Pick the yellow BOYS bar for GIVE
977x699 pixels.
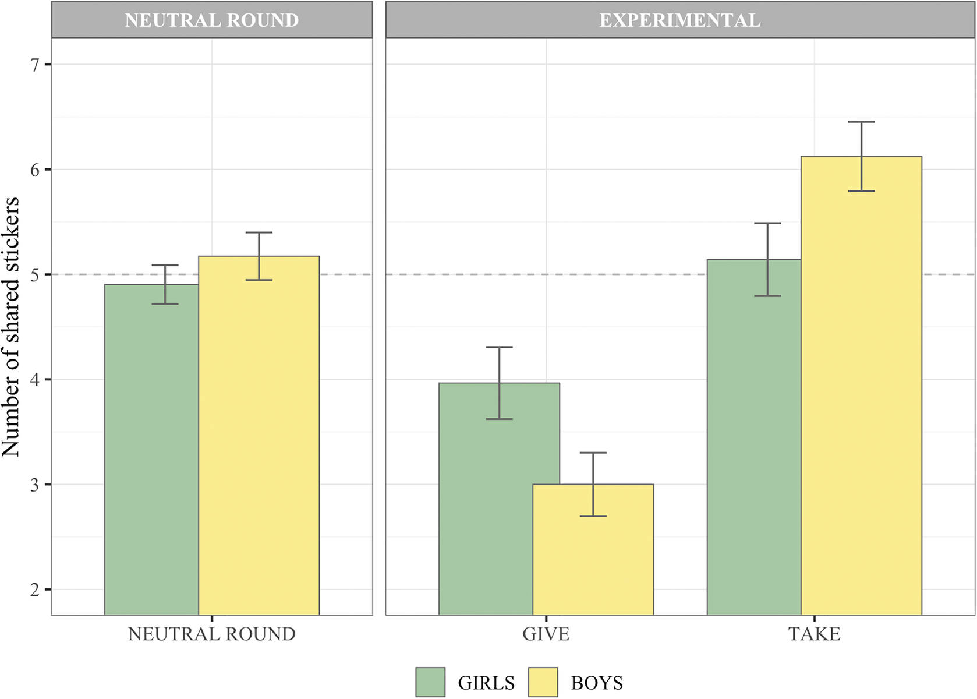[x=593, y=553]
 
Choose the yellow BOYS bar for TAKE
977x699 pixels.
[x=861, y=396]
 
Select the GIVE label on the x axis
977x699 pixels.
[x=546, y=634]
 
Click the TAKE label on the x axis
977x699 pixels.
[x=814, y=634]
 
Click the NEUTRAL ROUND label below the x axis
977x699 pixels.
[x=211, y=634]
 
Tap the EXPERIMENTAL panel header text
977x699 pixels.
[x=680, y=20]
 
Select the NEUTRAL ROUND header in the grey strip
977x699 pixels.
[x=211, y=20]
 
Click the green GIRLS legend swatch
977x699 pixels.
[x=430, y=682]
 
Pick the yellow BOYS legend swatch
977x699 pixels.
[x=543, y=682]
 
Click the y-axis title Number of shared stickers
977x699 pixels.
[x=10, y=326]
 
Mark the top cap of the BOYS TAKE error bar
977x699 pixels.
[x=861, y=122]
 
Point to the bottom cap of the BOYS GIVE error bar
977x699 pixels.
[x=593, y=516]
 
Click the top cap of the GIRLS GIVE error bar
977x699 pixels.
[x=499, y=347]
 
